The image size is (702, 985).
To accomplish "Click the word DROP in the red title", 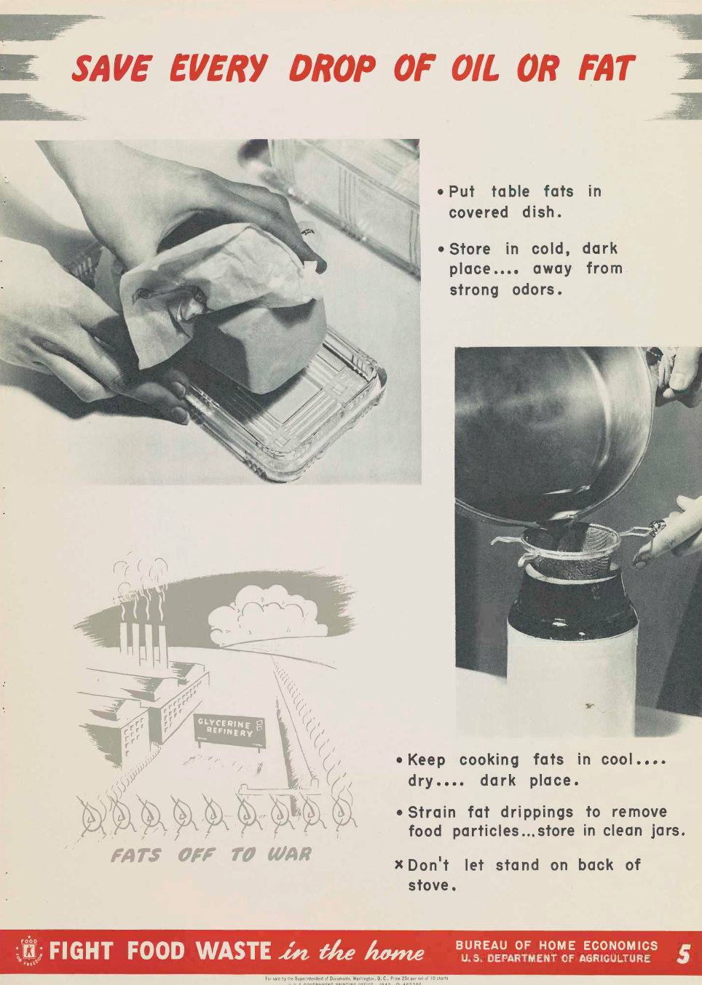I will coord(332,68).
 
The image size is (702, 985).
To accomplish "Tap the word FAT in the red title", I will coord(606,68).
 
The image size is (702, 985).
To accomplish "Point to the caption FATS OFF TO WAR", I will coord(211,855).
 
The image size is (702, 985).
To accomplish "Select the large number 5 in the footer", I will coord(682,953).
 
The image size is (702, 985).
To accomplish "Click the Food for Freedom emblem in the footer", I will coord(29,952).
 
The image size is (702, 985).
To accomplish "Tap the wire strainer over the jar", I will coord(568,546).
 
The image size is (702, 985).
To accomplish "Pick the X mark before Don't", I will coord(398,864).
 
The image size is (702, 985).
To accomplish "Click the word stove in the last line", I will coord(430,885).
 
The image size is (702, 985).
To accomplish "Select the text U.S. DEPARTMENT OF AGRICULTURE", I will coord(556,959).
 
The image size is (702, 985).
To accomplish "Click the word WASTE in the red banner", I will coord(233,952).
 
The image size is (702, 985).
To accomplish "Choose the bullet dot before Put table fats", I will coord(441,192).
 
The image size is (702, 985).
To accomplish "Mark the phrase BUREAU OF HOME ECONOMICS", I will coord(556,946).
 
